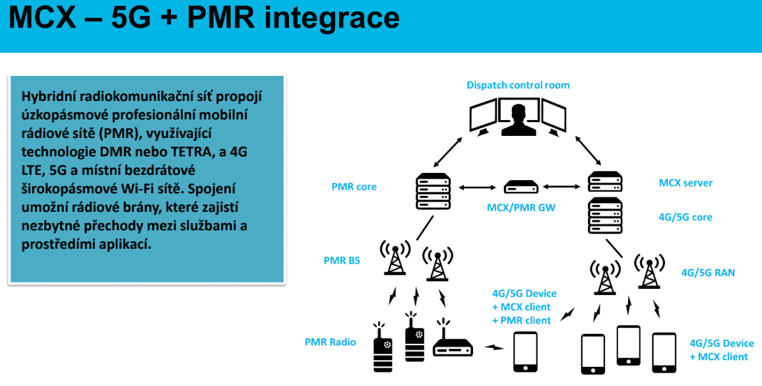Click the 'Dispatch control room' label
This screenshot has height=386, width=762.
[x=518, y=85]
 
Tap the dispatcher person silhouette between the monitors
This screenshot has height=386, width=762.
[x=518, y=118]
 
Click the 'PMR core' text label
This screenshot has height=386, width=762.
[x=354, y=187]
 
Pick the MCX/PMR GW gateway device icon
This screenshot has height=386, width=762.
[x=521, y=187]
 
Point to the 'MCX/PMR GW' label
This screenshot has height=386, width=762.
[x=521, y=208]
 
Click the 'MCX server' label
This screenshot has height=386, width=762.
[x=685, y=183]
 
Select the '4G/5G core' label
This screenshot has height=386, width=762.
[x=685, y=217]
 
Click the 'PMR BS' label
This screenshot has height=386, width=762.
[x=342, y=261]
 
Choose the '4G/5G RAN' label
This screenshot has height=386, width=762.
[x=708, y=272]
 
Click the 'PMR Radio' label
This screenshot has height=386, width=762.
[x=330, y=342]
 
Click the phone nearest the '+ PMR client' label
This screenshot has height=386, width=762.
[x=526, y=351]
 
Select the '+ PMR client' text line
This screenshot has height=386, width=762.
[x=521, y=320]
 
